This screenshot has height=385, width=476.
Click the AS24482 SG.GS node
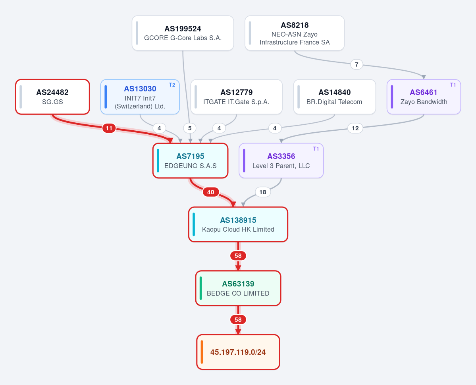52,97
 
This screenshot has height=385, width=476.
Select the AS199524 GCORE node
183,33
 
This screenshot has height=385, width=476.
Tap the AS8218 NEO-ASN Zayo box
295,33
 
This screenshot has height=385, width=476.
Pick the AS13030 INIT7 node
140,97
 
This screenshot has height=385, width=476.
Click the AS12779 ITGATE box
237,97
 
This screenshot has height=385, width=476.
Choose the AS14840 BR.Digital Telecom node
335,97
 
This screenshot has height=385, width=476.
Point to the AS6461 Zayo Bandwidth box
424,97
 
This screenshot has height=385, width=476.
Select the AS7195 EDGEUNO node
190,161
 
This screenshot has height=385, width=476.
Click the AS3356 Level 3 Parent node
281,161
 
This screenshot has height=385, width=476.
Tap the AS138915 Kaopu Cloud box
238,224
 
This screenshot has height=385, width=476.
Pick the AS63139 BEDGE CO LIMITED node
238,288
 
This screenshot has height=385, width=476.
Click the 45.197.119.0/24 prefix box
238,352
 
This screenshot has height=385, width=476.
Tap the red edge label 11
109,128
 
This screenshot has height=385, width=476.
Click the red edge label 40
211,192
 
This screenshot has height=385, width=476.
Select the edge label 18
263,192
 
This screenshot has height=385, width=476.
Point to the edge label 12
355,128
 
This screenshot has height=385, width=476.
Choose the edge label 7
357,64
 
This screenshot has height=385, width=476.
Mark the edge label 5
190,128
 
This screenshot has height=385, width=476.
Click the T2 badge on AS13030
172,85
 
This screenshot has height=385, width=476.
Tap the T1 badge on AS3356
316,149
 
